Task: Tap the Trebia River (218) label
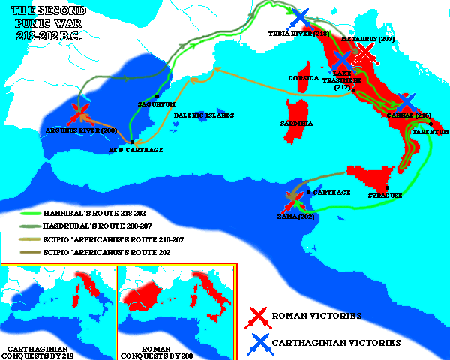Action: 298,34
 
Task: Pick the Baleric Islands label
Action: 204,115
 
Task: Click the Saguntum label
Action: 154,104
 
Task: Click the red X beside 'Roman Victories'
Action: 259,316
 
